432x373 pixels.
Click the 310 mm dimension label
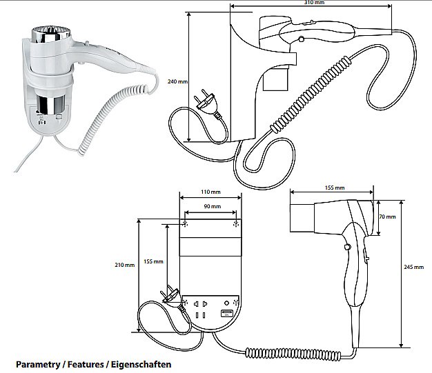click(x=315, y=3)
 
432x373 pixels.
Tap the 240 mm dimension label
click(x=177, y=81)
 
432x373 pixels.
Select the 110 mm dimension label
click(x=210, y=192)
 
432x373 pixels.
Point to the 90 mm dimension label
click(x=210, y=207)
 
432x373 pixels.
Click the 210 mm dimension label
click(x=124, y=265)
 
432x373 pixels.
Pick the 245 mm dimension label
click(x=414, y=268)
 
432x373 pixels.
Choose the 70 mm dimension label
click(x=387, y=216)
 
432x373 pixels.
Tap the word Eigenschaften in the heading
click(x=141, y=363)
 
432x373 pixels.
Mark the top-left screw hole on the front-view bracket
click(x=184, y=224)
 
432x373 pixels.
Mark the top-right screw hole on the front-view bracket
click(x=236, y=224)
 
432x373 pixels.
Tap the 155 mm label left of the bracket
click(x=153, y=261)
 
